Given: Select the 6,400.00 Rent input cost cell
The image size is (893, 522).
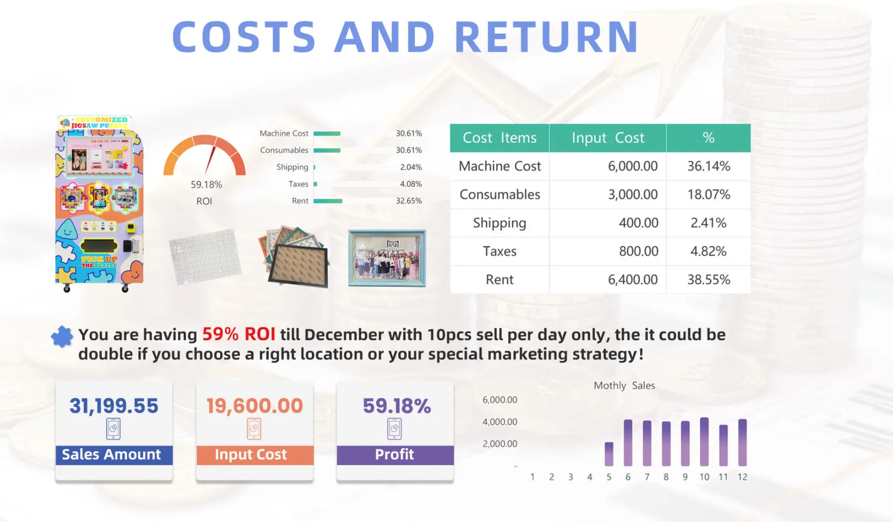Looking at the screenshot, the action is point(633,280).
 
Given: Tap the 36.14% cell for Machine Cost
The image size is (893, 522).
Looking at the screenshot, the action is point(709,166).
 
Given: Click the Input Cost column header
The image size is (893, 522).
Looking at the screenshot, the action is point(608,138).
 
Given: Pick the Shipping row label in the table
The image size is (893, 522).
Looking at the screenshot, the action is point(499,223).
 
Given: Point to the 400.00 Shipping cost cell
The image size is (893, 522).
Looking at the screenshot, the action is point(639,223).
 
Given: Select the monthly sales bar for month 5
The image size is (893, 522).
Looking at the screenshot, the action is point(609,454).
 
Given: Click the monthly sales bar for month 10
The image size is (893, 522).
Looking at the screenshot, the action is point(704,442).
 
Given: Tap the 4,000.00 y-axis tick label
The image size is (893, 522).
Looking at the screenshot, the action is point(500,422).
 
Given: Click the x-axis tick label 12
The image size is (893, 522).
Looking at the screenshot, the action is point(742,477).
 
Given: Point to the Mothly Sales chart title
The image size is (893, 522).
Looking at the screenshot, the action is point(624,386).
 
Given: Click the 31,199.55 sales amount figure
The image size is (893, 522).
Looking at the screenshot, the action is point(114,406).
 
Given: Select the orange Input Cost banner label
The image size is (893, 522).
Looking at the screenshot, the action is point(251,455).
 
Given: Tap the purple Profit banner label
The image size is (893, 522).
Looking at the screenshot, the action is point(395,454).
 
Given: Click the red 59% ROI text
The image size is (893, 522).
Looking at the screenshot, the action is point(238,335).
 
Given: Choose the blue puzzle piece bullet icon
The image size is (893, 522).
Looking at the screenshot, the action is point(62,337).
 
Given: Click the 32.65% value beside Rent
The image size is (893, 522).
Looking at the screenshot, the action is point(409,201).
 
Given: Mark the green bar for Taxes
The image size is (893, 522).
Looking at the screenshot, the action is point(315,184).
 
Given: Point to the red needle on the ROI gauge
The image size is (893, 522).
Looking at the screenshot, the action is point(210,160).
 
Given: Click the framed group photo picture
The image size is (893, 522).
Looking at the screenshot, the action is point(387,258).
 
